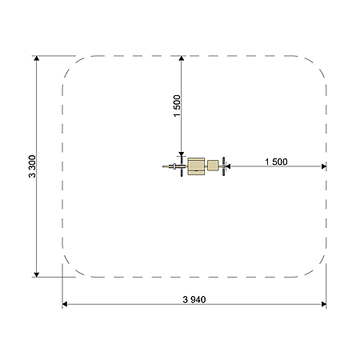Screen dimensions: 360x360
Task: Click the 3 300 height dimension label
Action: tap(32, 166)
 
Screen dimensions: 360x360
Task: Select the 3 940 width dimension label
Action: tap(194, 300)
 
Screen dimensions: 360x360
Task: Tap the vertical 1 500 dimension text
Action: tap(177, 106)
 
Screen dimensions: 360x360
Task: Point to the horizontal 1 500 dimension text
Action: tap(276, 162)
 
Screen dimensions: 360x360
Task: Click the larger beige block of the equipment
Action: tap(196, 166)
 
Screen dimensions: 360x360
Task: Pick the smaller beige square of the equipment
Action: tap(213, 166)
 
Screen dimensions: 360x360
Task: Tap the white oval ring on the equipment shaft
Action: tap(174, 166)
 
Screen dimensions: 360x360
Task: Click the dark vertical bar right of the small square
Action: tap(223, 166)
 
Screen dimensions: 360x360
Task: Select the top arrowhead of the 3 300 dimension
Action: tap(37, 58)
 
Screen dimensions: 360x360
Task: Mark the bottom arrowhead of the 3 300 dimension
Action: tap(37, 274)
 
